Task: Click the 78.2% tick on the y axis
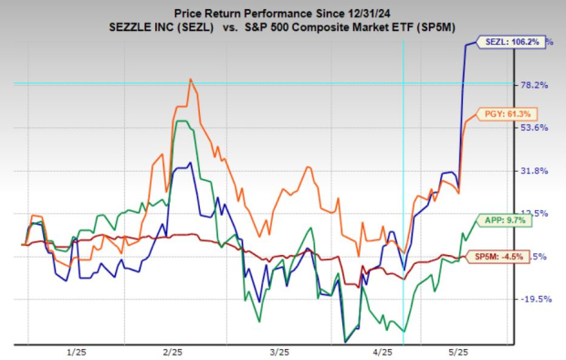coord(534,85)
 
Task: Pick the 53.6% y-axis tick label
coord(534,128)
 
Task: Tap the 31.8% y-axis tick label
coord(534,171)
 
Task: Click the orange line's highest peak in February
coord(190,79)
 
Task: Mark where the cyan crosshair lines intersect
coord(404,83)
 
